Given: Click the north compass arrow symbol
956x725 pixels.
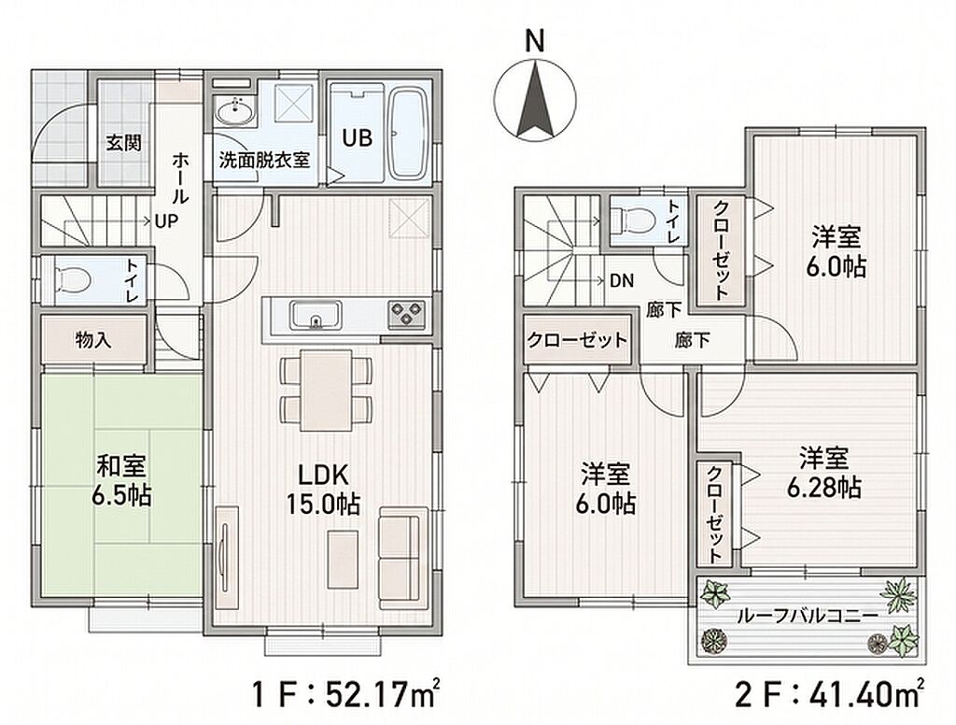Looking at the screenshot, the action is click(535, 98).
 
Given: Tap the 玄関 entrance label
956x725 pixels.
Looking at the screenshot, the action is click(124, 143).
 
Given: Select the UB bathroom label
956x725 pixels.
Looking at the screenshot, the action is click(357, 138).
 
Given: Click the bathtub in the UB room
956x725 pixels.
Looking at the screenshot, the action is click(409, 135).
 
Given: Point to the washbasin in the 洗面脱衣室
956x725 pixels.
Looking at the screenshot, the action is click(234, 113).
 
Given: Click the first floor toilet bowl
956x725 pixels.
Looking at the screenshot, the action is click(73, 280).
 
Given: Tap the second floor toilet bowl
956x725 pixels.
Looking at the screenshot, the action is click(632, 219).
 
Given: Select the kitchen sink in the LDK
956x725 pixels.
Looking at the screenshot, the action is click(316, 315).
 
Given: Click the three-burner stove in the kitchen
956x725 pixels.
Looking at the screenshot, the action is click(406, 316).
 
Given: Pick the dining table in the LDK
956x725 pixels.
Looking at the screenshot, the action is click(326, 390).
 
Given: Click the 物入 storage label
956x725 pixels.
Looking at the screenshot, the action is click(92, 340).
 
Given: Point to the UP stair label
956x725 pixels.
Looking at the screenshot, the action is click(166, 220).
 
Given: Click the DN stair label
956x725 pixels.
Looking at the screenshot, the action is click(622, 280).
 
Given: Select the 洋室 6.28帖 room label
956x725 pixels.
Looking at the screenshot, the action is click(824, 473).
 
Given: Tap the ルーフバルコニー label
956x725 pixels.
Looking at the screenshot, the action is click(807, 616).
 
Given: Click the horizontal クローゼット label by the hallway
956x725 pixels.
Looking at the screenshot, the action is click(577, 340).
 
